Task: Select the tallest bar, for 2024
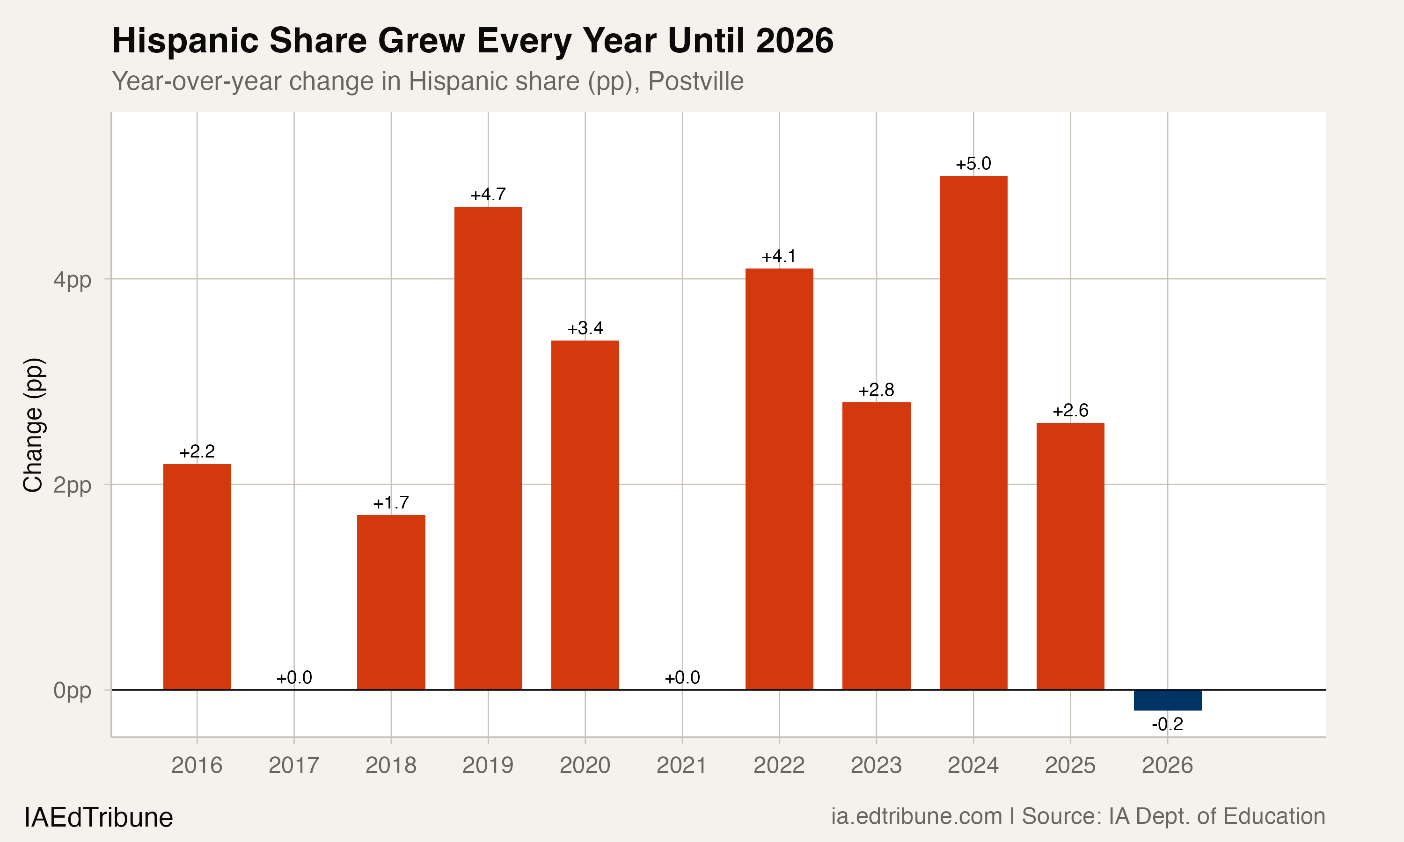tap(973, 432)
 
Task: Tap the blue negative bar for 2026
tap(1167, 700)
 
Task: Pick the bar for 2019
tap(488, 448)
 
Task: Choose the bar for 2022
tap(779, 479)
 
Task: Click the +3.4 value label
tap(585, 328)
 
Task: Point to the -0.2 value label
tap(1167, 725)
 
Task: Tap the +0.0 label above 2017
tap(294, 677)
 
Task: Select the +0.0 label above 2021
tap(682, 677)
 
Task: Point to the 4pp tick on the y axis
tap(72, 280)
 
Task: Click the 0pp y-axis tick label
tap(72, 690)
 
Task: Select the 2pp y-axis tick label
tap(72, 485)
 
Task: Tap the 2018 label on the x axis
tap(390, 765)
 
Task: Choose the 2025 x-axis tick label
tap(1070, 765)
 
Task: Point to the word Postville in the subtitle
tap(696, 81)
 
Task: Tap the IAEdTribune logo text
tap(99, 818)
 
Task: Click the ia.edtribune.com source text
tap(916, 816)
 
